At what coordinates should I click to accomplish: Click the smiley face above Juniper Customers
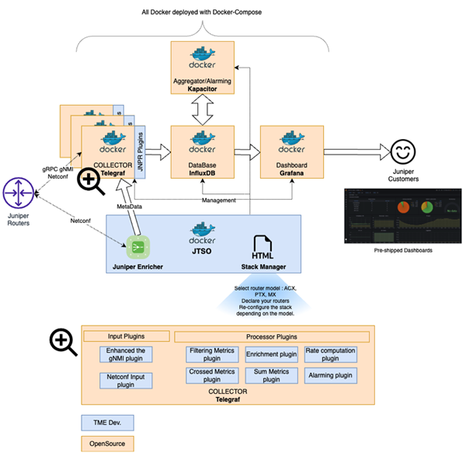[x=402, y=150]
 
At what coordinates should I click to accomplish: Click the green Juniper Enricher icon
[x=137, y=248]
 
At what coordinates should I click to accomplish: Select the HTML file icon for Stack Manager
[x=262, y=245]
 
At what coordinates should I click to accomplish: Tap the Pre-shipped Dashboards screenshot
[x=402, y=218]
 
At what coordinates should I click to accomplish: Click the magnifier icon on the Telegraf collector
[x=91, y=181]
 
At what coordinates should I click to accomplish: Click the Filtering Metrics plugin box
[x=218, y=354]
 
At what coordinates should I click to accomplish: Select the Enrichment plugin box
[x=272, y=354]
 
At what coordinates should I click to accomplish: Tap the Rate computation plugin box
[x=330, y=354]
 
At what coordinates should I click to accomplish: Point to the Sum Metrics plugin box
[x=272, y=377]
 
